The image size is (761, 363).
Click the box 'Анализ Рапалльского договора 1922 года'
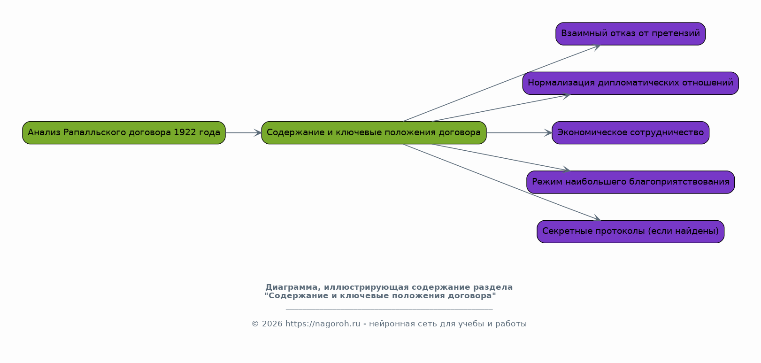(x=124, y=132)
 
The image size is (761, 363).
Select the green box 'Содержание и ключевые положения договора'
(x=374, y=132)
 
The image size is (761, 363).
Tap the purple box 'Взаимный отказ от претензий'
(x=630, y=34)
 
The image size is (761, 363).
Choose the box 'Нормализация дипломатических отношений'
(x=630, y=83)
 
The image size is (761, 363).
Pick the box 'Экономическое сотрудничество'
(x=630, y=132)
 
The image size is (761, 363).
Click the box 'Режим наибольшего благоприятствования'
(x=630, y=182)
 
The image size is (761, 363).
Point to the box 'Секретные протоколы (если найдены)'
(x=630, y=232)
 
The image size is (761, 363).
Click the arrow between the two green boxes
(x=244, y=132)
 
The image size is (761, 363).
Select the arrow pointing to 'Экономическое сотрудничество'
(x=519, y=132)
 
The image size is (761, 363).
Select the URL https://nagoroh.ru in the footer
(x=323, y=324)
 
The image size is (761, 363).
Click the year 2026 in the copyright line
(x=272, y=324)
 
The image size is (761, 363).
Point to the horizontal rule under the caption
(x=389, y=309)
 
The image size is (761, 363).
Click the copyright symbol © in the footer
(x=255, y=324)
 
